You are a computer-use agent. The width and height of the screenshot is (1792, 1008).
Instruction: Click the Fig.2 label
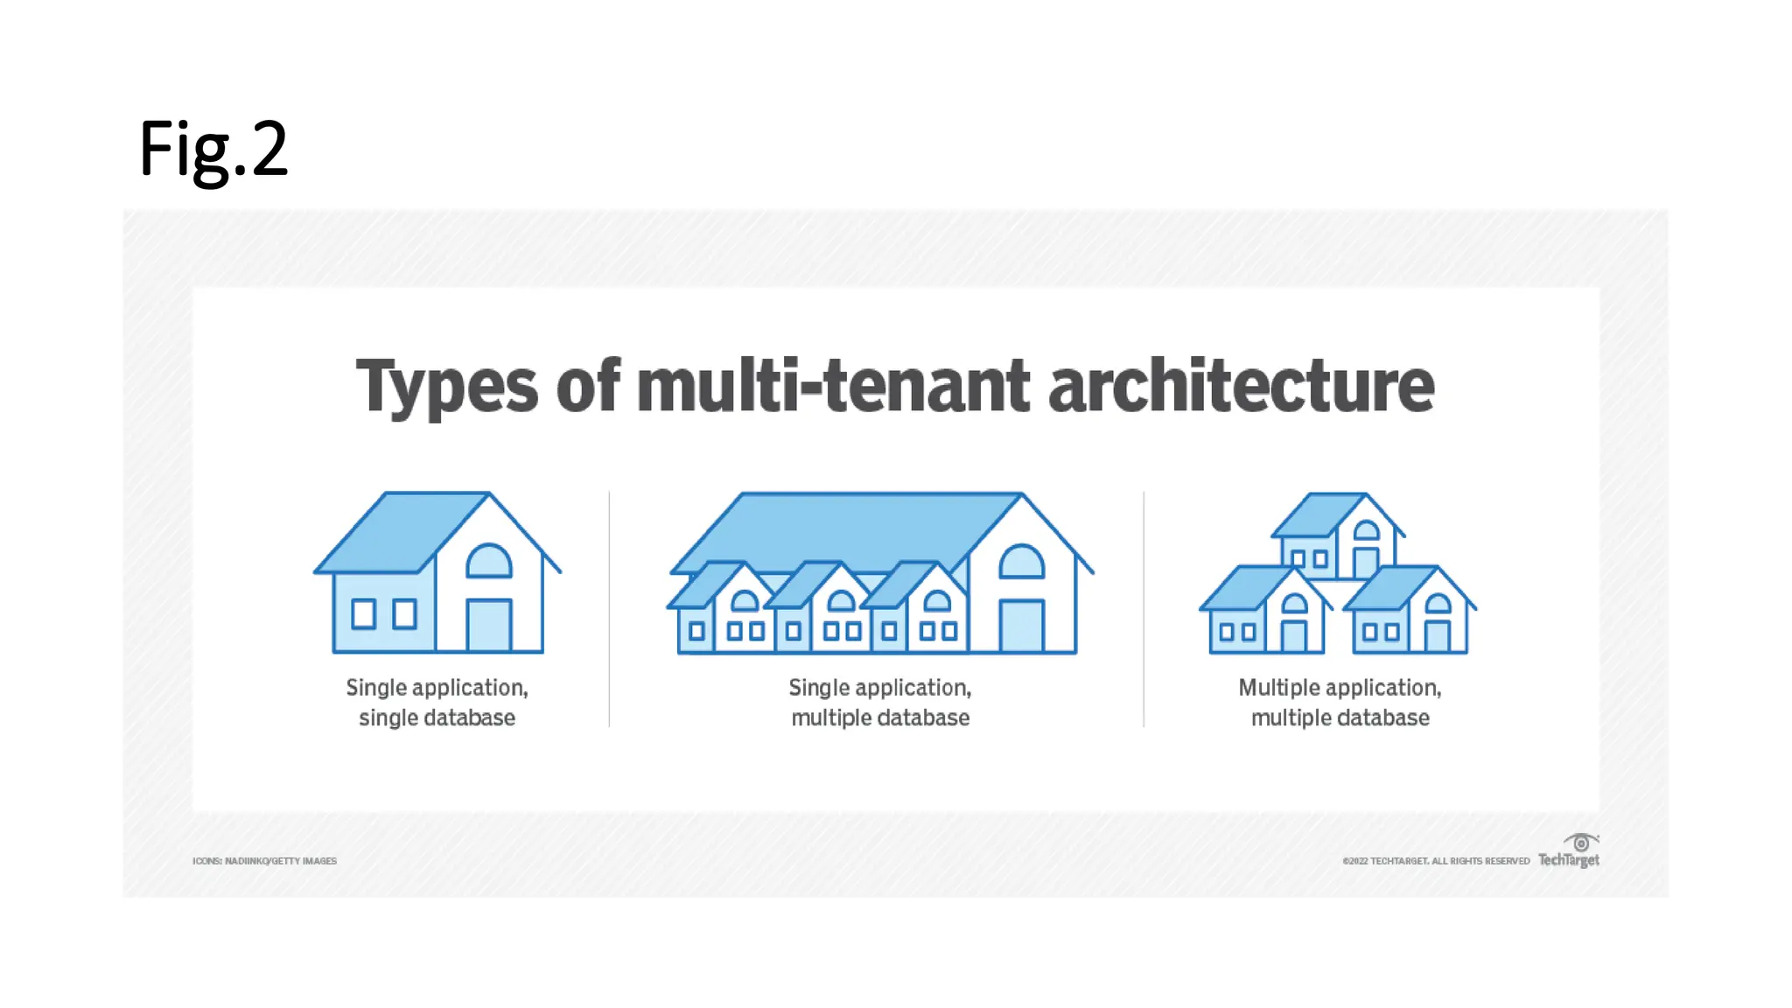pyautogui.click(x=213, y=150)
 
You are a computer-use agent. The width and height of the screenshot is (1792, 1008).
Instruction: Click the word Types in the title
pyautogui.click(x=446, y=387)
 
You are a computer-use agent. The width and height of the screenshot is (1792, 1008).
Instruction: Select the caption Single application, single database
pyautogui.click(x=437, y=703)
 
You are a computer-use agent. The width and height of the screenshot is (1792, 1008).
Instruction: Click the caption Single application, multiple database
pyautogui.click(x=880, y=703)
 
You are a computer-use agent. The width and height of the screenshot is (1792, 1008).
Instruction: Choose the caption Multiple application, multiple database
pyautogui.click(x=1340, y=703)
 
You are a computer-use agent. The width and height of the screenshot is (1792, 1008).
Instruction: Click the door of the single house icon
pyautogui.click(x=489, y=625)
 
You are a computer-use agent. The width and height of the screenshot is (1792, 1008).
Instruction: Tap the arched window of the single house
pyautogui.click(x=488, y=562)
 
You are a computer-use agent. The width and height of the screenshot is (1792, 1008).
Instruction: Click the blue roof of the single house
pyautogui.click(x=402, y=531)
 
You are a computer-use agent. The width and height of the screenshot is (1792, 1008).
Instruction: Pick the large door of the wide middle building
pyautogui.click(x=1021, y=625)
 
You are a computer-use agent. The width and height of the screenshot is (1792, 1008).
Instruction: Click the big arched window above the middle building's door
pyautogui.click(x=1021, y=562)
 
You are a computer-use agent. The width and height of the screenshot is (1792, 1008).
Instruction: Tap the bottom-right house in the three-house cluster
pyautogui.click(x=1409, y=612)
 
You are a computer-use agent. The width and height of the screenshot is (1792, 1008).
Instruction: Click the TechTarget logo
pyautogui.click(x=1569, y=851)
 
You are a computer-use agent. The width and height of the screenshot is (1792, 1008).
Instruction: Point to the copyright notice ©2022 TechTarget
pyautogui.click(x=1436, y=861)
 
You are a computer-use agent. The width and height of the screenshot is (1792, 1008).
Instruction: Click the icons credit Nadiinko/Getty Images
pyautogui.click(x=264, y=861)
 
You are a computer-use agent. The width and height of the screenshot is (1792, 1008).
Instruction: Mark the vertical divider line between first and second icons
pyautogui.click(x=609, y=609)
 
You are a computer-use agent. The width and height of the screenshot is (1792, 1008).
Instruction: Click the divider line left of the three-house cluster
pyautogui.click(x=1144, y=609)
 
